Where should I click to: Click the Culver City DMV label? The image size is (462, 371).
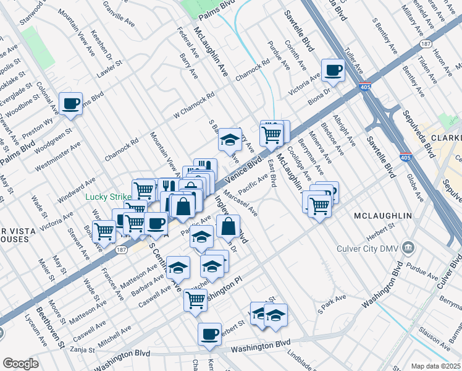[361, 249]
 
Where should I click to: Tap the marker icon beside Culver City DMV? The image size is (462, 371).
[408, 249]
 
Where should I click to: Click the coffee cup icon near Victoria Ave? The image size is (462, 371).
[333, 69]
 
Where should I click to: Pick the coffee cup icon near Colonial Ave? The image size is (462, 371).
[69, 103]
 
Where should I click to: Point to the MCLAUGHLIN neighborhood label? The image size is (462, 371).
[383, 215]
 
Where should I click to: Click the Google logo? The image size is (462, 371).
[20, 364]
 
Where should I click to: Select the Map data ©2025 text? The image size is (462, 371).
[436, 366]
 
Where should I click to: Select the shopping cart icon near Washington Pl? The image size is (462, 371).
[195, 299]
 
